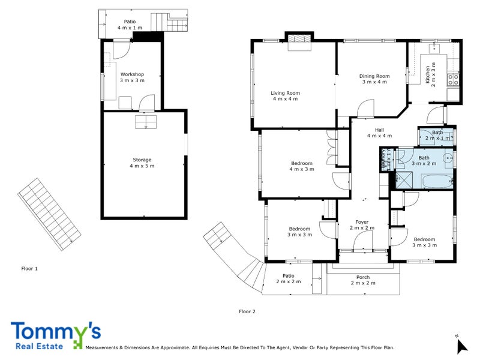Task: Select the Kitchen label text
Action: click(428, 75)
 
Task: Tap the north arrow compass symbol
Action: click(461, 346)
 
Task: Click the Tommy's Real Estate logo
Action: click(55, 335)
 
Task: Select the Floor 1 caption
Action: click(29, 269)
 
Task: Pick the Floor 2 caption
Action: click(247, 311)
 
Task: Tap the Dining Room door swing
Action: click(365, 109)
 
